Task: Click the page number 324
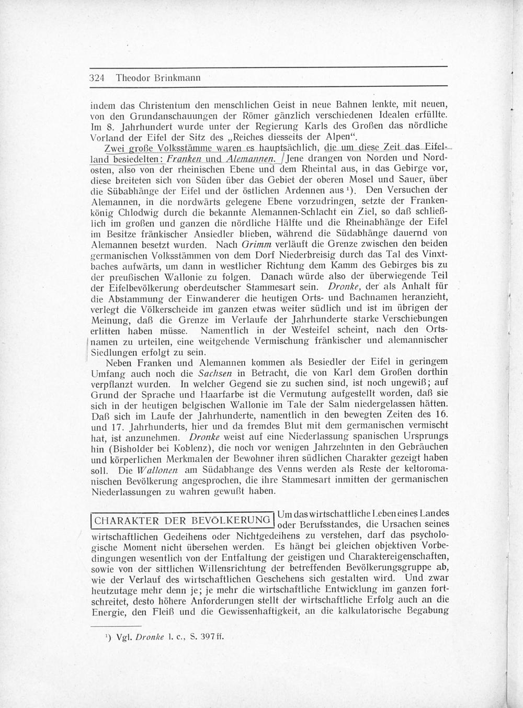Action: (x=98, y=78)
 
